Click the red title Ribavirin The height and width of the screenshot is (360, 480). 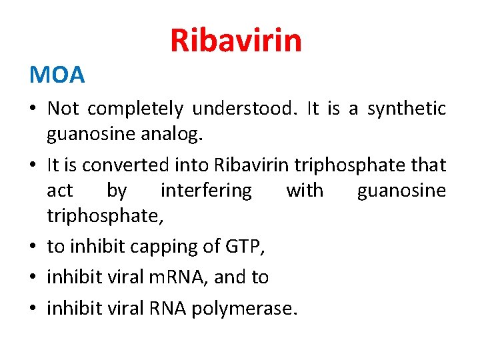click(236, 40)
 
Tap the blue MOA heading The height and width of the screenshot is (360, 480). click(57, 75)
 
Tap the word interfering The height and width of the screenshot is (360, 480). click(206, 191)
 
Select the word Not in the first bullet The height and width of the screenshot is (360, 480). click(63, 108)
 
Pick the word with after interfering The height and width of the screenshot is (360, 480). click(305, 191)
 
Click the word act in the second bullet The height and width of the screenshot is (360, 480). click(59, 191)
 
